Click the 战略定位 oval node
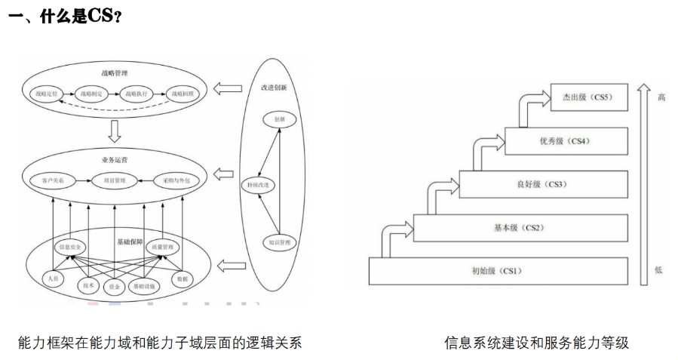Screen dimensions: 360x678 tap(44, 94)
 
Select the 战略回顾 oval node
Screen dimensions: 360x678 tap(182, 94)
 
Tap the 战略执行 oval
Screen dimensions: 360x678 tap(137, 94)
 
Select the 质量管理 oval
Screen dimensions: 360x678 tap(161, 246)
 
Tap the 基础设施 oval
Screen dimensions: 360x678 tap(144, 286)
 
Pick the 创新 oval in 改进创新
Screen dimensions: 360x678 tap(278, 119)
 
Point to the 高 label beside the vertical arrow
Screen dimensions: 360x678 tap(661, 97)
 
